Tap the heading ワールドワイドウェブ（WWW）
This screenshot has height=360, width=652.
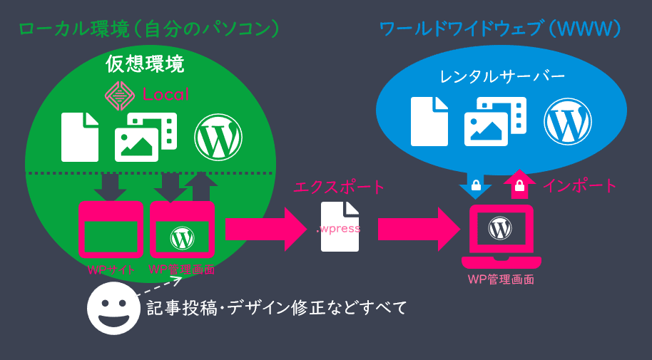[x=499, y=29]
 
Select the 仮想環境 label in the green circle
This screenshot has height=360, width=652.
[x=145, y=64]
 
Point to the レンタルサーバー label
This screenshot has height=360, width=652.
[x=501, y=76]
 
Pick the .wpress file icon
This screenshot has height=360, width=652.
[x=340, y=227]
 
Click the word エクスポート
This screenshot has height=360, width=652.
[x=339, y=187]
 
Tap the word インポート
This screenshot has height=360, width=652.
[x=579, y=186]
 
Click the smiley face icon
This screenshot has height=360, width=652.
[x=113, y=308]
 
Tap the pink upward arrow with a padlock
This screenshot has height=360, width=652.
[x=519, y=185]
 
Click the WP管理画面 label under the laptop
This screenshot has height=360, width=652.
[x=501, y=279]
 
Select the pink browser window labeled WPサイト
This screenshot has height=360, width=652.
[x=111, y=230]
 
